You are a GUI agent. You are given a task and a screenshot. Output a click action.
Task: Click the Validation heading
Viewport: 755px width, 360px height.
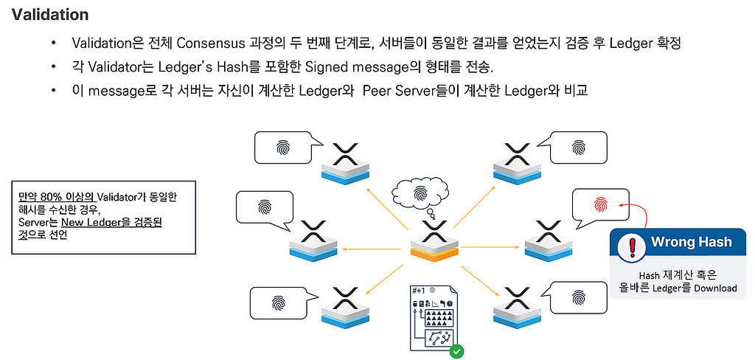(x=50, y=15)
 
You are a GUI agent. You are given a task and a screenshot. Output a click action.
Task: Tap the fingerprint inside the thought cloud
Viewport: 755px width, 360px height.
(x=421, y=193)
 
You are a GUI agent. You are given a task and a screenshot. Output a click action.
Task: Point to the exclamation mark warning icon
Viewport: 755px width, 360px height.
(x=630, y=246)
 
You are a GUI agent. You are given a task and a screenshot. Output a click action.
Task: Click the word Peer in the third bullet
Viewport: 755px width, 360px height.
(x=377, y=91)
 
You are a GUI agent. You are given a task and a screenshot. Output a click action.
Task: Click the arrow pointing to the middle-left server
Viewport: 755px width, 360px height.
(x=372, y=249)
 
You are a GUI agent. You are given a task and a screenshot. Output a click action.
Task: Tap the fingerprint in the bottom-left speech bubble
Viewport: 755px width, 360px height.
(x=278, y=302)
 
